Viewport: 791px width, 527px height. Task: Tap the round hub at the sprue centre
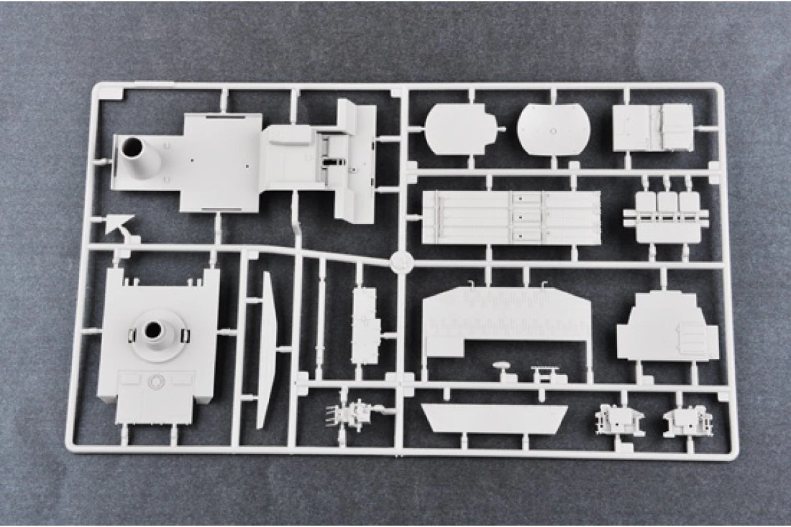(401, 261)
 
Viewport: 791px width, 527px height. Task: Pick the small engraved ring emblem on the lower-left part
(156, 381)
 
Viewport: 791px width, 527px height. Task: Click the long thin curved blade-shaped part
(266, 349)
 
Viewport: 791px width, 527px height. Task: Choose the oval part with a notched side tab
(461, 129)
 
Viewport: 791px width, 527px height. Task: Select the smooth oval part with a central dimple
(552, 129)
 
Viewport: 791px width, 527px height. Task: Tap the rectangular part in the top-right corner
(653, 128)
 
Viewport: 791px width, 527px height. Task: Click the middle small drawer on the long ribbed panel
(525, 217)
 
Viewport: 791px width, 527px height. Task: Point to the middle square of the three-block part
(668, 202)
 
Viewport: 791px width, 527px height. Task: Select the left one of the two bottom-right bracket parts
(618, 419)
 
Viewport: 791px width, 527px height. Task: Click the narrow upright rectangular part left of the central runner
(365, 325)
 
